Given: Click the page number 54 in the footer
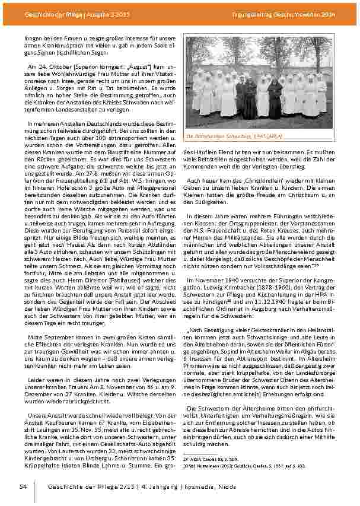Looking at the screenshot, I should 23,487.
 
